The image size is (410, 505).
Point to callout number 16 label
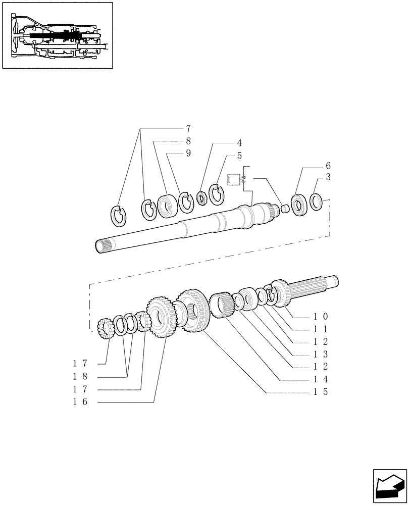(x=80, y=402)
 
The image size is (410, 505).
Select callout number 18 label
(x=80, y=377)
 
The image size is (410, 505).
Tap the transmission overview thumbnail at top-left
(x=57, y=35)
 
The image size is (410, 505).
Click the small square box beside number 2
(x=234, y=179)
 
